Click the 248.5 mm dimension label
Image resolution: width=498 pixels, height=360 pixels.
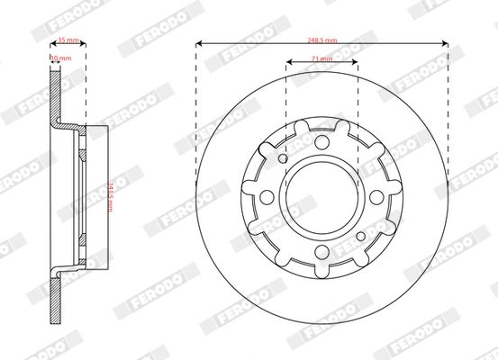tap(321, 40)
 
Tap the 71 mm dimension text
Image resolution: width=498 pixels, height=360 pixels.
tap(321, 59)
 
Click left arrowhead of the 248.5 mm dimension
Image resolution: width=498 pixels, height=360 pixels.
tap(198, 42)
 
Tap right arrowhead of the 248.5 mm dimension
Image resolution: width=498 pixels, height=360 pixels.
tap(446, 42)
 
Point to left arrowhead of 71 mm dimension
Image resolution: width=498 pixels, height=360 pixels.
tap(288, 62)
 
